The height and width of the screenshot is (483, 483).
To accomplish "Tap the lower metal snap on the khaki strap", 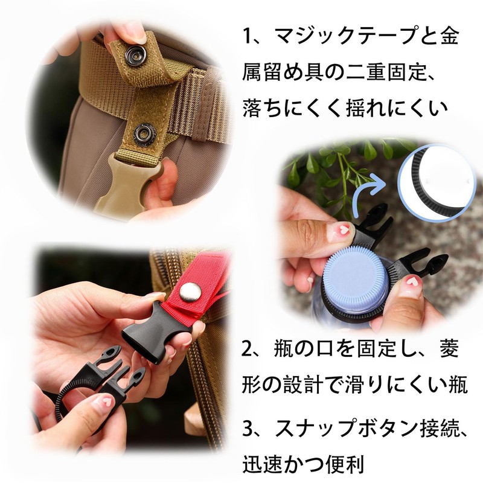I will [146, 131].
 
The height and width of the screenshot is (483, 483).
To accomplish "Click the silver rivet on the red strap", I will [188, 295].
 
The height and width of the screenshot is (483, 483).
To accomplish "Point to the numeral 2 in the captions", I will [248, 349].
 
